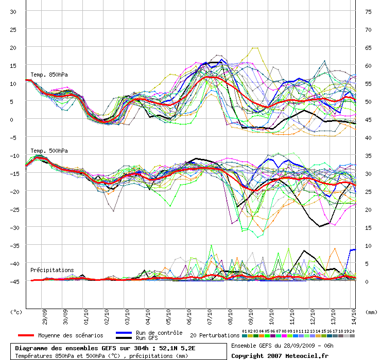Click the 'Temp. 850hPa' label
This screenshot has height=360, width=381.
49,75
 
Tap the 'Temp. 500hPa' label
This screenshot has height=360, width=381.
49,151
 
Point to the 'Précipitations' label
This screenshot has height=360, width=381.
52,270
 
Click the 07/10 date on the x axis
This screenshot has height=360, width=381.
210,317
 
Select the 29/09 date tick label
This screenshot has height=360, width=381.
45,317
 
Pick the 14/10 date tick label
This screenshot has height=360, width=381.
354,317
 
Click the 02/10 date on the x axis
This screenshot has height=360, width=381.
107,317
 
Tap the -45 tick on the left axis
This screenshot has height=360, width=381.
14,282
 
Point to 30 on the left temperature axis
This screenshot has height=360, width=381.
13,12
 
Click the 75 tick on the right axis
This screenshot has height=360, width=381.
368,12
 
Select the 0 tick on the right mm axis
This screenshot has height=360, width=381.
367,282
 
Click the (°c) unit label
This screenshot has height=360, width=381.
16,312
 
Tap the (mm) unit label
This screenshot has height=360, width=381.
371,312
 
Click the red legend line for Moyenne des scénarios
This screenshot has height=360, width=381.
26,335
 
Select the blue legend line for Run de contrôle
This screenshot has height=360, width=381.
124,333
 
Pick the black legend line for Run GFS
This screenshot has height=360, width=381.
124,338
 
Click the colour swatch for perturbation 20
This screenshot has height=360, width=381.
352,336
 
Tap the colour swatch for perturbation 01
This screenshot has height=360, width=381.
245,336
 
